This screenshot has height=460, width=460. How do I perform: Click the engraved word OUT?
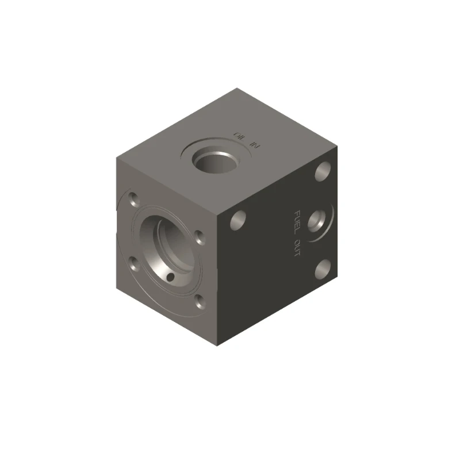297,247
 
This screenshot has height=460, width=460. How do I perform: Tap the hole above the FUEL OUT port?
323,170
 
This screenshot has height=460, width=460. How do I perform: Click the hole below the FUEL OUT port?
323,267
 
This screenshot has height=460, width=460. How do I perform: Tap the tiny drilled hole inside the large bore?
170,278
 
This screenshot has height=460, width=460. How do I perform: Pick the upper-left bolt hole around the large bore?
133,200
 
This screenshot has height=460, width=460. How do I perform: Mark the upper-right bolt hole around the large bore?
199,237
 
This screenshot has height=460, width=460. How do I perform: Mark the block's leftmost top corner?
117,156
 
